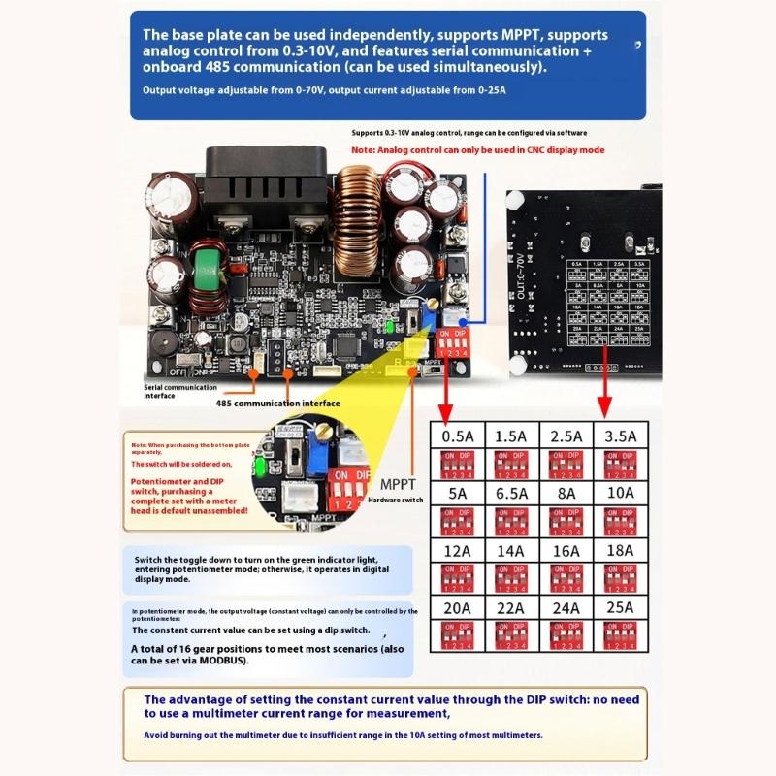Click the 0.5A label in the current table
457,436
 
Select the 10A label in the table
620,492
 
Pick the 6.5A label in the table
511,492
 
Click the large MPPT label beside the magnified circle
399,483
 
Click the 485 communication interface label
277,403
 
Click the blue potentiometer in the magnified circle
315,454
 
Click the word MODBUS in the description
222,661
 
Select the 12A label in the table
457,549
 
